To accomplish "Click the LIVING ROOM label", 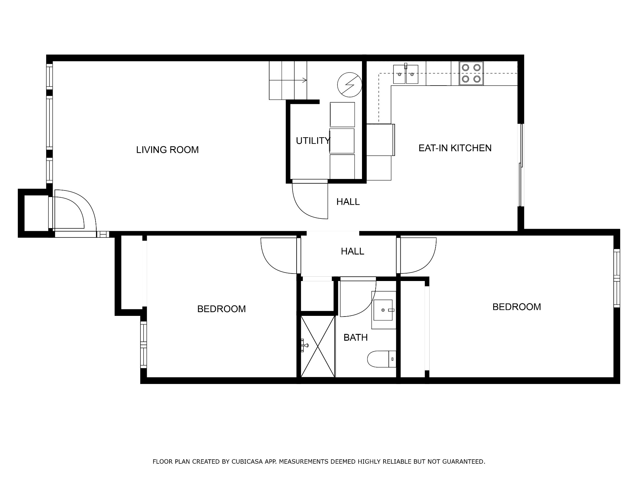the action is coord(167,150).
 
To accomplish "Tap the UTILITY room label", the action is coord(313,141).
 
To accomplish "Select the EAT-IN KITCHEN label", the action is coord(455,148).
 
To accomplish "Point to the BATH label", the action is coord(355,337).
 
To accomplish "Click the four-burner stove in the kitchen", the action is coord(471,73).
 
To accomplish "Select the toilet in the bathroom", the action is coord(382,359).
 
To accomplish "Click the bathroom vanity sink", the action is coord(384,310).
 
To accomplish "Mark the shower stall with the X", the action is coord(318,346).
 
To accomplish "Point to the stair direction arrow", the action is coord(288,80).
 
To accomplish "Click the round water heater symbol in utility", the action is coord(350,85).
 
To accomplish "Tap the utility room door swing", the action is coord(310,201).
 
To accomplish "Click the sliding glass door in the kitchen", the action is coord(521,165).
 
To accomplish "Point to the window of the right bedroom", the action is coord(617,278).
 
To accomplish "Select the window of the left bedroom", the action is coord(143,344).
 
